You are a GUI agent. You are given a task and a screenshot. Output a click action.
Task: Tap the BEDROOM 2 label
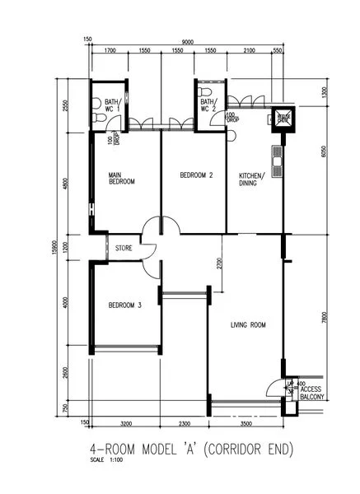197,175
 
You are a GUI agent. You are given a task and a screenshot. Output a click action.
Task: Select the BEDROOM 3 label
125,305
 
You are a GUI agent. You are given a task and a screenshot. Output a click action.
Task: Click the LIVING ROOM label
248,325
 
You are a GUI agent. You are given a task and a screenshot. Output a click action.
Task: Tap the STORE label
124,246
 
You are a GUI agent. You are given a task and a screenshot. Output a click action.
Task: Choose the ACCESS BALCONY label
313,392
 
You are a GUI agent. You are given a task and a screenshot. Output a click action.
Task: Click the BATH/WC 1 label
101,104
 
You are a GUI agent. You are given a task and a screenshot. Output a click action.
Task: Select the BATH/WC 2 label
208,104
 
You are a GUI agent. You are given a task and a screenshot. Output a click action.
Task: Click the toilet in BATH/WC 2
206,120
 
